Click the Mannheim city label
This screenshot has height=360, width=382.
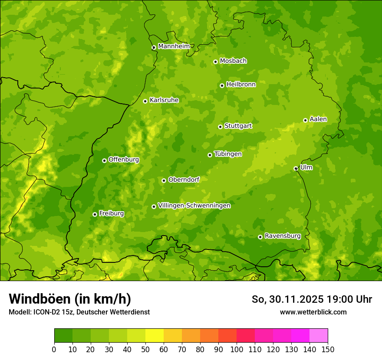tap(174, 46)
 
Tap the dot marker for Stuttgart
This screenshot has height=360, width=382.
tap(220, 127)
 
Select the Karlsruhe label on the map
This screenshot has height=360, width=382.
tap(164, 100)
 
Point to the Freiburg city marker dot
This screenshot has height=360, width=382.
tap(95, 214)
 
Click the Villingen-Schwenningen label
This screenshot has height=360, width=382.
tap(194, 206)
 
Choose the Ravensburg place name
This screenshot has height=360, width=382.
tap(282, 236)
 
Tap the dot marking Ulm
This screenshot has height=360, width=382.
tap(296, 168)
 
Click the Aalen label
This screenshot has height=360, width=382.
tap(318, 119)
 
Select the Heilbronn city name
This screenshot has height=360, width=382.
tap(241, 85)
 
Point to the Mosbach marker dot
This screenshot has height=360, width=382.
tap(215, 62)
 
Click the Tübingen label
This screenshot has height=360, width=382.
tap(228, 154)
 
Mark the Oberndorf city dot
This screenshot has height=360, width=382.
tap(164, 180)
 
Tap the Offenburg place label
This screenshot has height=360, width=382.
tap(124, 160)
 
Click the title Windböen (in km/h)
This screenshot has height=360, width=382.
tap(70, 299)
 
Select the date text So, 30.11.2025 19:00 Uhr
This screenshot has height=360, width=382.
tap(312, 299)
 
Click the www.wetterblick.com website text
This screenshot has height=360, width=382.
tap(313, 312)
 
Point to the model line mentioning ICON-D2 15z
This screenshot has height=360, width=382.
tap(79, 312)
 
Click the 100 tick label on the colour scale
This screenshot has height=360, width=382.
tap(237, 349)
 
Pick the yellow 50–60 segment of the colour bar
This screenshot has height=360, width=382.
tap(155, 336)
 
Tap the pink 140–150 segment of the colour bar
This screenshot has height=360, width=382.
tap(319, 336)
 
